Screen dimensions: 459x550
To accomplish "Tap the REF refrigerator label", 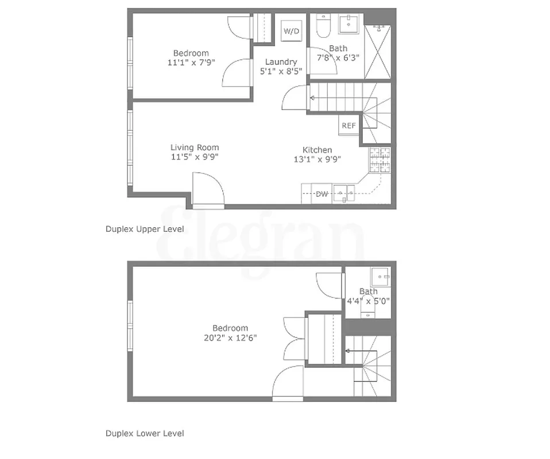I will [348, 126].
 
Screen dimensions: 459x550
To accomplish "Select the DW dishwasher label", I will [322, 194].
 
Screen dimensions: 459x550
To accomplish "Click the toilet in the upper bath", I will [322, 26].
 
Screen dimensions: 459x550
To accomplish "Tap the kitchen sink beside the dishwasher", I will [344, 193].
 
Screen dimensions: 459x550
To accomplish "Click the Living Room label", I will [195, 147].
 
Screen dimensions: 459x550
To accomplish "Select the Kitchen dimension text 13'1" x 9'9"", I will [317, 160].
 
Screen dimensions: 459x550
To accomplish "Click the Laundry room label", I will [281, 62].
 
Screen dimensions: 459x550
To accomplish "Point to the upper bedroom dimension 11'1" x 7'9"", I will [191, 63].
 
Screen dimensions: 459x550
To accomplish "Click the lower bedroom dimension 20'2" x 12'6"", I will [230, 338].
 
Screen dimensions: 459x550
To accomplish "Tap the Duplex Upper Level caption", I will [145, 229].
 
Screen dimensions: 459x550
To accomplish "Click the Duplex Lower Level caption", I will [145, 433].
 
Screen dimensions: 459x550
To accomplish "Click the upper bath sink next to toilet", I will [350, 25].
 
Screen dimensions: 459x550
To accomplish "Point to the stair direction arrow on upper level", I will [313, 98].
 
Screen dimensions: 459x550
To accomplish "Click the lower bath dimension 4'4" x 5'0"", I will [369, 300].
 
